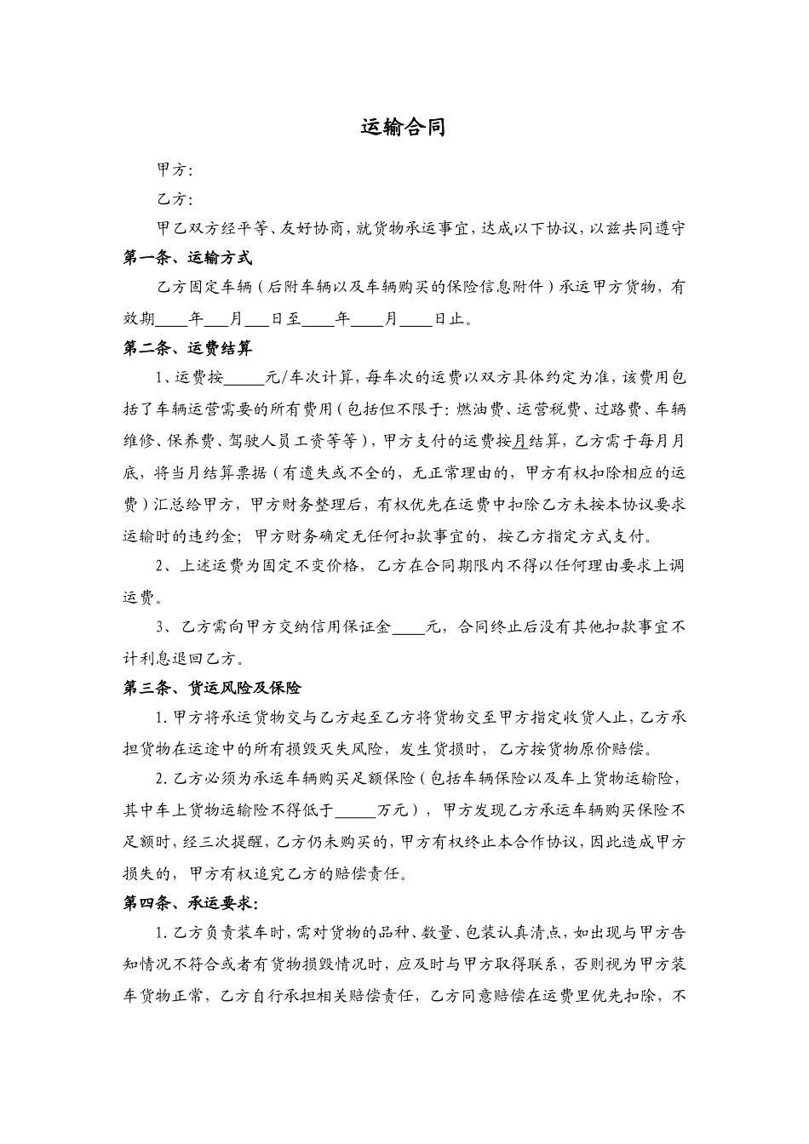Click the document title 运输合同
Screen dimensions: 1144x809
(403, 128)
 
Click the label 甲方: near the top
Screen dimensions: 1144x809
(175, 170)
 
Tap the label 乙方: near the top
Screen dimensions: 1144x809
(175, 200)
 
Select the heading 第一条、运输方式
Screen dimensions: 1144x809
(187, 257)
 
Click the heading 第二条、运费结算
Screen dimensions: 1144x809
(187, 348)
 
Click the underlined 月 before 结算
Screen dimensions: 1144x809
(519, 441)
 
